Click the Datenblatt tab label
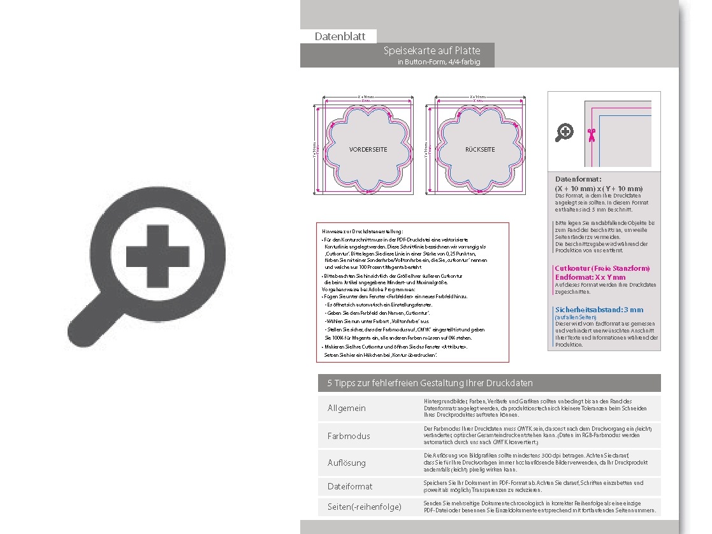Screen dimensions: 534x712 pos(340,37)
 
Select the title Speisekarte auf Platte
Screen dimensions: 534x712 pos(432,50)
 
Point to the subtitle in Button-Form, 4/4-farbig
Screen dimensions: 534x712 pos(438,62)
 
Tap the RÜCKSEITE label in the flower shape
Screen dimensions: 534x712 pos(479,149)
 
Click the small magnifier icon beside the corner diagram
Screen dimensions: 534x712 pos(564,133)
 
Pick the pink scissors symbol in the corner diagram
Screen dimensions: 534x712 pos(591,134)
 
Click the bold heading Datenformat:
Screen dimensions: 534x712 pos(578,180)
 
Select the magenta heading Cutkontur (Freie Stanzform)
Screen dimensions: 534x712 pos(602,269)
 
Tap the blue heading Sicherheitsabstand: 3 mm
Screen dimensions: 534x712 pos(599,310)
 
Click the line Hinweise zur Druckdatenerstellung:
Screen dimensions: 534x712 pos(363,231)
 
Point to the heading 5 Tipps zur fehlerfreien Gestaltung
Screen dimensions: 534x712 pos(430,383)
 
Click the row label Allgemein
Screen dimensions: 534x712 pos(347,408)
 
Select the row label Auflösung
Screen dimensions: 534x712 pos(347,463)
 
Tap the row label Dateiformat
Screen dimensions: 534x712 pos(350,486)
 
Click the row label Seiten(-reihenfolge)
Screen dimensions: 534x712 pos(364,507)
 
